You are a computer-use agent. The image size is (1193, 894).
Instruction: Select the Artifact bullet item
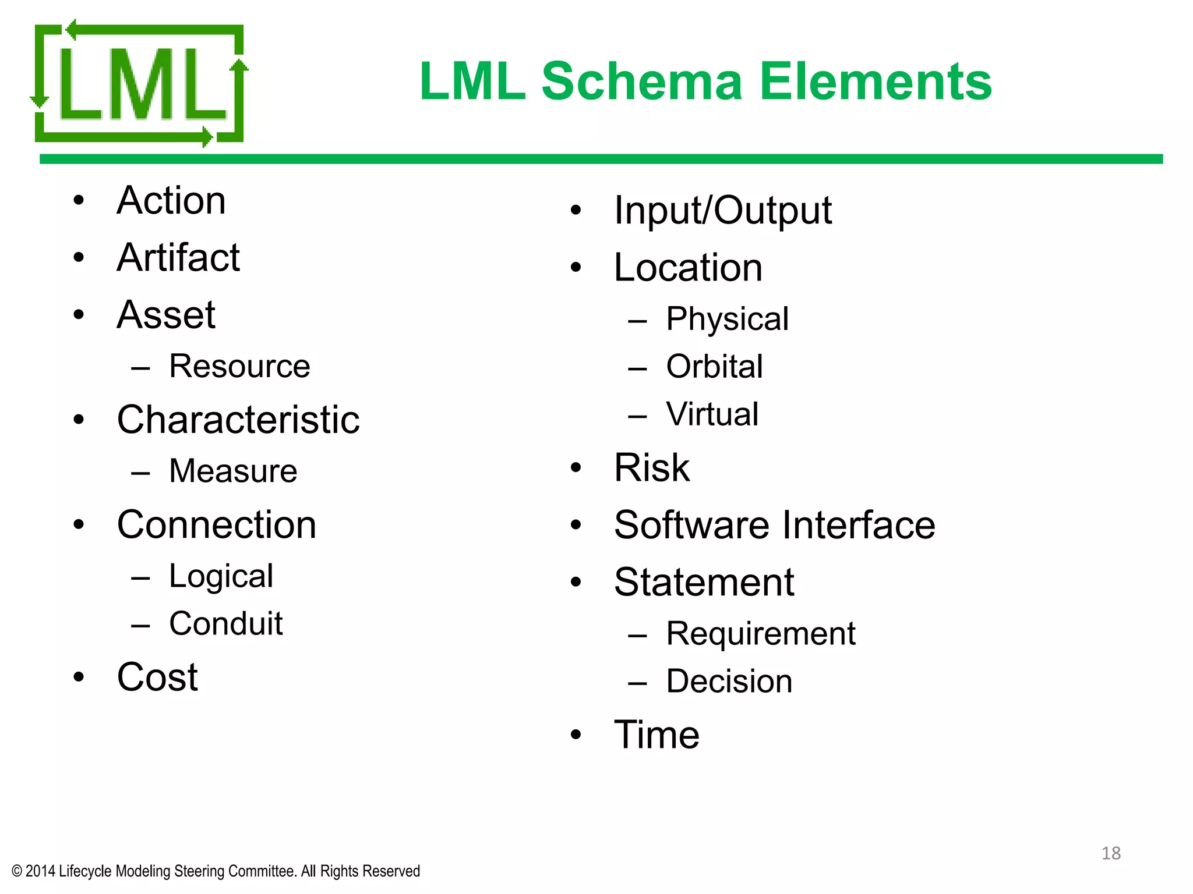[x=178, y=257]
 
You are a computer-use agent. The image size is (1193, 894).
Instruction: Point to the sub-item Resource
[x=239, y=366]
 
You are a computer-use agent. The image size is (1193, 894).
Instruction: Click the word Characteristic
[x=238, y=420]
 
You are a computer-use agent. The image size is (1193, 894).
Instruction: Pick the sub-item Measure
[x=233, y=471]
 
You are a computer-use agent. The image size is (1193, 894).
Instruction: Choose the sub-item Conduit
[x=226, y=624]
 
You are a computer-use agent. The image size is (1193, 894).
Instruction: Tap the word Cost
[x=157, y=677]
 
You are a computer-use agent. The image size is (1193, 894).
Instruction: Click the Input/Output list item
[x=723, y=210]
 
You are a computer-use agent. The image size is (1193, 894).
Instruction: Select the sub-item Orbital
[x=714, y=367]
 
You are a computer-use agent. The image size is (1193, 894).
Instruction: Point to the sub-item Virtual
[x=712, y=414]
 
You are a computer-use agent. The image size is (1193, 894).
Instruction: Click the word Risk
[x=652, y=467]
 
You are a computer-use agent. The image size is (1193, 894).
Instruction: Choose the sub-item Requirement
[x=761, y=634]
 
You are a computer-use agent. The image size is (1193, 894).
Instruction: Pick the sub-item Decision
[x=729, y=682]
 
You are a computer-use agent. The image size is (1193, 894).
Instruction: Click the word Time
[x=656, y=735]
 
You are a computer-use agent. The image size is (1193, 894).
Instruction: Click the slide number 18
[x=1111, y=853]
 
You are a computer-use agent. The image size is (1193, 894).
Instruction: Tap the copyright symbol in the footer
[x=17, y=871]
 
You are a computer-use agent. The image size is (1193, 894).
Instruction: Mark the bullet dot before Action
[x=79, y=201]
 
